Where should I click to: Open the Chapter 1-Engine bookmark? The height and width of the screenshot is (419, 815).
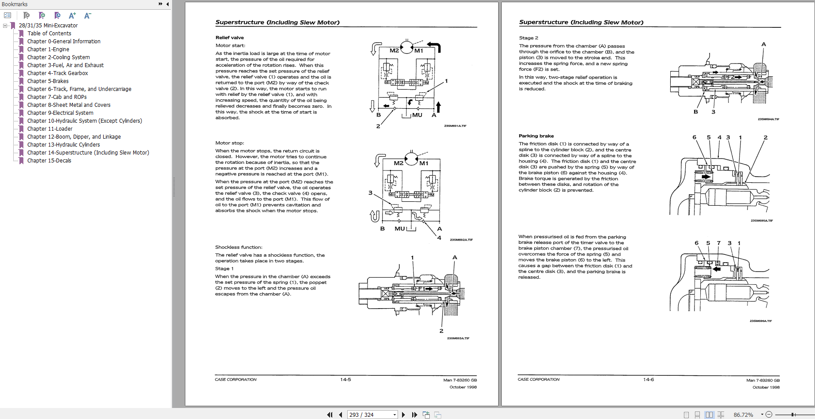click(48, 49)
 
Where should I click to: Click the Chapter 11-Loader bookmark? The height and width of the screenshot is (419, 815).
click(50, 129)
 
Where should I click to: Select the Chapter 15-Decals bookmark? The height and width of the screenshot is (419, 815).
click(49, 161)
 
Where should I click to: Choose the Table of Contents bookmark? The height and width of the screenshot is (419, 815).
click(49, 34)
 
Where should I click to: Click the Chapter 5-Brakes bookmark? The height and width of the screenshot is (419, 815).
click(48, 81)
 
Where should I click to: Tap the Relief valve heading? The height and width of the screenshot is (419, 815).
click(229, 38)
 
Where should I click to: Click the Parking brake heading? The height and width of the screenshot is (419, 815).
click(536, 136)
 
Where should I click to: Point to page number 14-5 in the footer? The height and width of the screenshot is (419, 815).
click(346, 380)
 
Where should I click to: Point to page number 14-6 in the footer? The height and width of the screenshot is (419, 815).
click(648, 380)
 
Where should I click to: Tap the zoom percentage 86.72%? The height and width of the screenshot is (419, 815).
click(743, 415)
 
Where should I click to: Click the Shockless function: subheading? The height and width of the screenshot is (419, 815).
click(239, 247)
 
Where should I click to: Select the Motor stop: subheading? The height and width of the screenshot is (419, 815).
click(229, 143)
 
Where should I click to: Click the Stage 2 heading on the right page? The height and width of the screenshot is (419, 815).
click(529, 38)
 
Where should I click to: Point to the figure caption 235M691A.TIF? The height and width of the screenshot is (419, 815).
click(455, 126)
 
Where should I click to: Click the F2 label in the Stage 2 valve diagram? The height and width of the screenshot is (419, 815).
click(731, 77)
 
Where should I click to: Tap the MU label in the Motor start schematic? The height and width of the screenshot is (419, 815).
click(417, 115)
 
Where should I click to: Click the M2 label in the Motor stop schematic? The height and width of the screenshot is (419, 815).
click(398, 163)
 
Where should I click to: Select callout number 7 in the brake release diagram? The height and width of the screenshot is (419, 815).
click(718, 243)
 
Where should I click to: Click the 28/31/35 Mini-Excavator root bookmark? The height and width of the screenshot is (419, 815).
click(48, 26)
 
